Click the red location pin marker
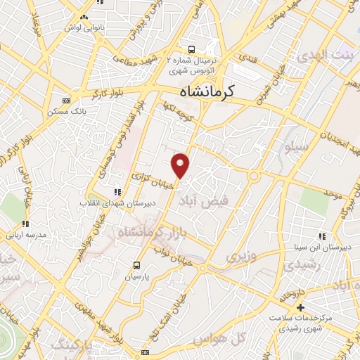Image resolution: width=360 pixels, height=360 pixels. (x=181, y=165)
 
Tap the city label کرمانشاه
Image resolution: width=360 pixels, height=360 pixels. (x=208, y=91)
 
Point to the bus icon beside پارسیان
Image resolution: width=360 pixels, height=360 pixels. (x=136, y=266)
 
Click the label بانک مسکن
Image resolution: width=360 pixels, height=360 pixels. (x=70, y=111)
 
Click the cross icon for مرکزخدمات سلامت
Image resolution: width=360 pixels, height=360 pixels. (x=300, y=307)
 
